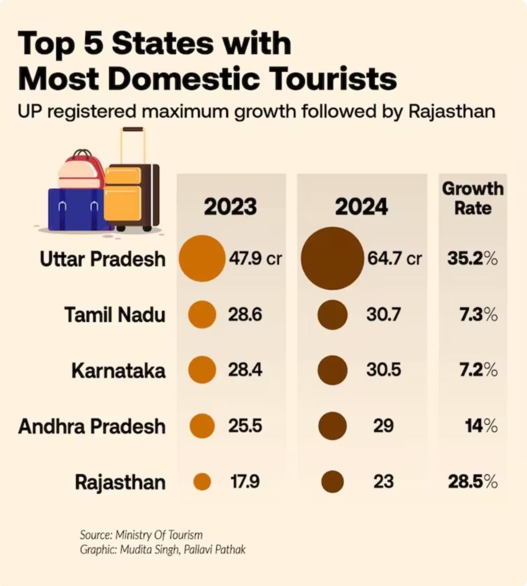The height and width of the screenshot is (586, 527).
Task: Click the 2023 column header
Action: pyautogui.click(x=231, y=207)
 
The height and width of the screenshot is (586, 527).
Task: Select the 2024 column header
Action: pyautogui.click(x=362, y=207)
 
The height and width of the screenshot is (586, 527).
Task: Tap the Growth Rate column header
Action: pyautogui.click(x=473, y=198)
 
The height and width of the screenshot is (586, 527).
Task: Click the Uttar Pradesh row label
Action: pyautogui.click(x=102, y=259)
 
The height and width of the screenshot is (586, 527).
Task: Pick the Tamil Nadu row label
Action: pyautogui.click(x=114, y=315)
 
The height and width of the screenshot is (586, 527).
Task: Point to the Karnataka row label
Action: pyautogui.click(x=118, y=370)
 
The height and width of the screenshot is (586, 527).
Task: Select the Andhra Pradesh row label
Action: pyautogui.click(x=92, y=426)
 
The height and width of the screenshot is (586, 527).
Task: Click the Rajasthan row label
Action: pyautogui.click(x=120, y=482)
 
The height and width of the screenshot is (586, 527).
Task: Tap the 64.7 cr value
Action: pyautogui.click(x=394, y=259)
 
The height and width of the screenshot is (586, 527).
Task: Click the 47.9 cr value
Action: pyautogui.click(x=255, y=259)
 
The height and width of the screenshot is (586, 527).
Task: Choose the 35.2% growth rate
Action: pyautogui.click(x=472, y=259)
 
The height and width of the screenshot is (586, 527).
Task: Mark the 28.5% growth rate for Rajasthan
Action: pyautogui.click(x=472, y=482)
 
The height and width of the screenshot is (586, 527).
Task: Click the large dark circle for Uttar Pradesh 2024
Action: pyautogui.click(x=331, y=259)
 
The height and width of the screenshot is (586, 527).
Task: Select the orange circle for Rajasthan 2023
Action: pyautogui.click(x=202, y=482)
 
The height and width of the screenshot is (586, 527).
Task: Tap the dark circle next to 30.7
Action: pyautogui.click(x=332, y=315)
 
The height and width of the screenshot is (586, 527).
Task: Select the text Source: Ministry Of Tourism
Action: pyautogui.click(x=141, y=535)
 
